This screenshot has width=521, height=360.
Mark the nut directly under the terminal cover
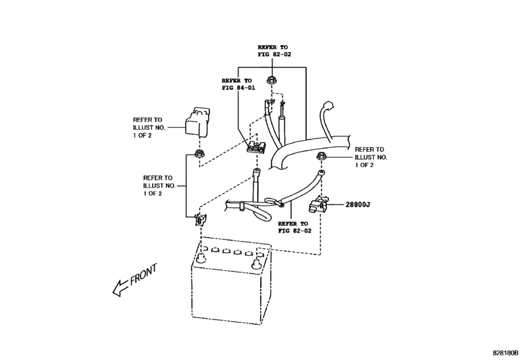[199, 154]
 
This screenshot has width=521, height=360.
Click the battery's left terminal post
[201, 258]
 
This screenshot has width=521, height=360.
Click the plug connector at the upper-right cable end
[330, 105]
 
